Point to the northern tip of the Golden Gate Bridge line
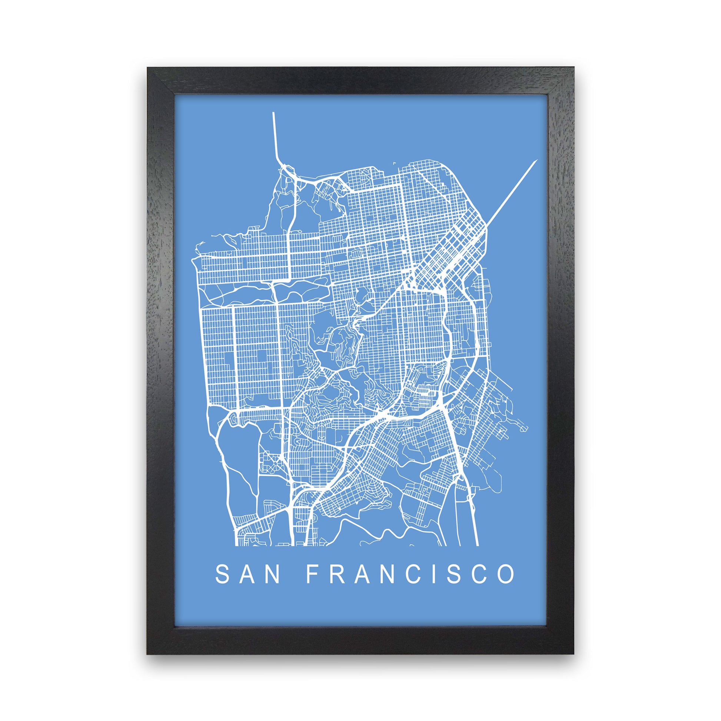click(273, 113)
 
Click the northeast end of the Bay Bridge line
click(536, 160)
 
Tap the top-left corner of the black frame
click(148, 68)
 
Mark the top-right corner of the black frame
click(574, 68)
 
